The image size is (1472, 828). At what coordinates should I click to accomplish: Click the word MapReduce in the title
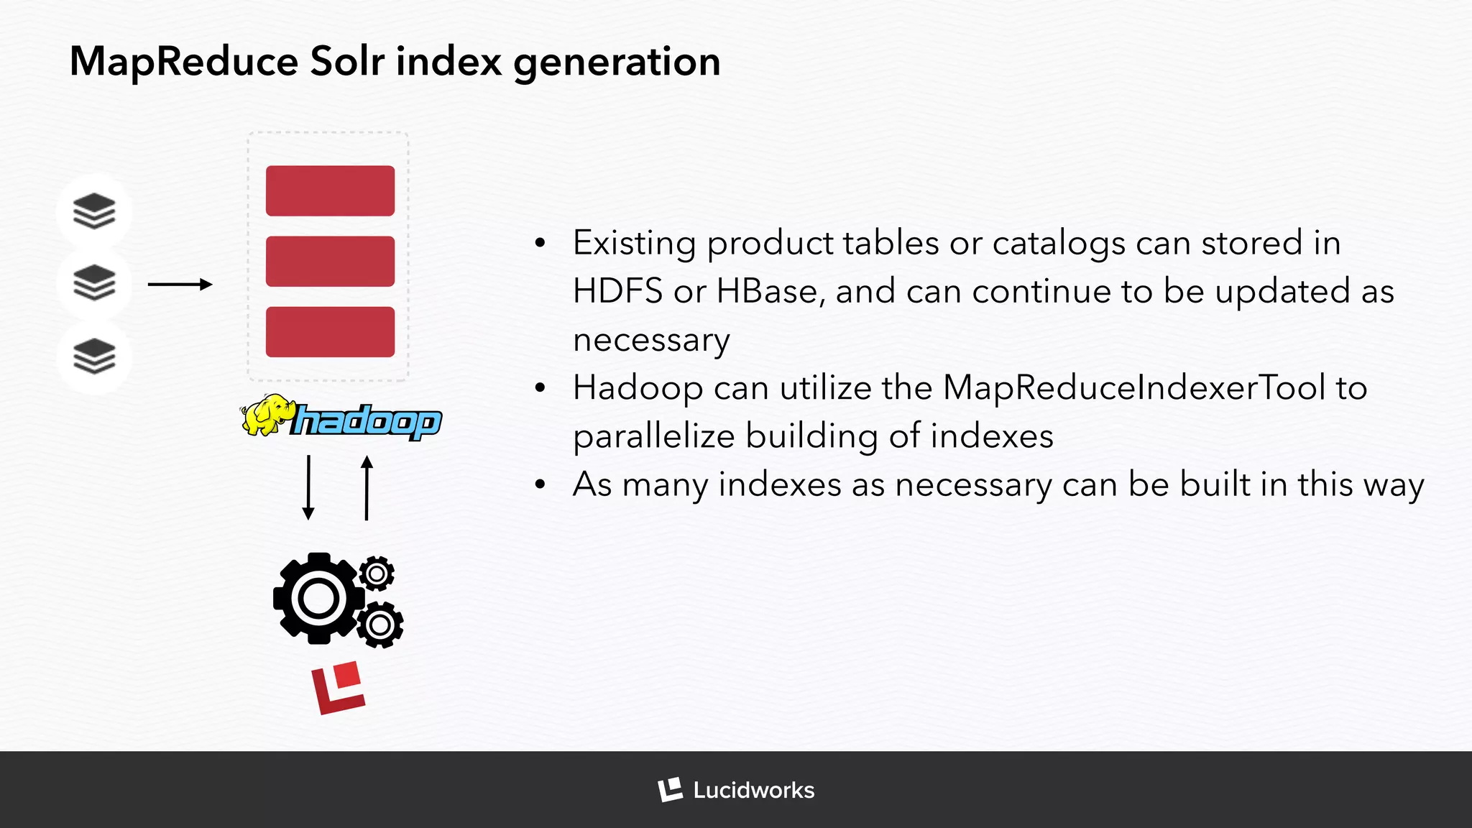183,62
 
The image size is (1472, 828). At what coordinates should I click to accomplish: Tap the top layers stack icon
94,211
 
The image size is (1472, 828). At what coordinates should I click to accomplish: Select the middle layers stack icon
94,283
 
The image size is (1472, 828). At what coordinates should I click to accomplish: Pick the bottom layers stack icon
94,356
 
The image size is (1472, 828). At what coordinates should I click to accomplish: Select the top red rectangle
330,190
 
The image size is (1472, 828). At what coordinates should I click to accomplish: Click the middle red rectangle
330,262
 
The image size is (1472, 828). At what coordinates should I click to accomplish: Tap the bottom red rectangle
330,332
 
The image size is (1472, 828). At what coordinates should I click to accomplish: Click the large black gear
317,598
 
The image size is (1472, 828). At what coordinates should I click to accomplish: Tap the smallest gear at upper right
377,574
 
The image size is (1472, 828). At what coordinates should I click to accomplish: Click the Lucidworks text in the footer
753,791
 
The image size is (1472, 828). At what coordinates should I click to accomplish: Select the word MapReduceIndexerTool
1133,389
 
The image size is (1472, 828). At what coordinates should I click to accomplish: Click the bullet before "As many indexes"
540,485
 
